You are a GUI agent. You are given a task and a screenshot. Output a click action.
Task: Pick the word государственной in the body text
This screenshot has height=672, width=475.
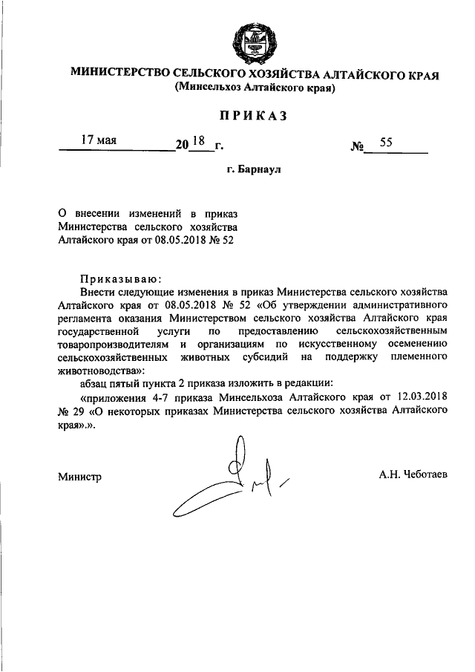tap(94, 330)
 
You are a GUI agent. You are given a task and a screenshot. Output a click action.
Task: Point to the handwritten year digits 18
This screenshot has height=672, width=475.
tap(198, 139)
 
